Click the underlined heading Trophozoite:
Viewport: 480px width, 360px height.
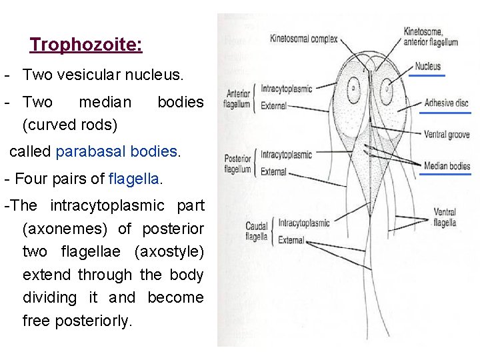click(85, 45)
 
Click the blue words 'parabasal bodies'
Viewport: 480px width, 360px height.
click(117, 151)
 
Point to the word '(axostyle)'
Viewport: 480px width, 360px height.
click(169, 251)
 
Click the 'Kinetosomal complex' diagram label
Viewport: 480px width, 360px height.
click(300, 38)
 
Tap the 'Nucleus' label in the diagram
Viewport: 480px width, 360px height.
click(427, 67)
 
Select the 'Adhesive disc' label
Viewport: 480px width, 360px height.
click(447, 103)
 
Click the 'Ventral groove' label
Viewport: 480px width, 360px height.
click(447, 135)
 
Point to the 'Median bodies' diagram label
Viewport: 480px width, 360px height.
click(447, 166)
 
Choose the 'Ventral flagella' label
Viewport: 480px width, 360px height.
click(445, 217)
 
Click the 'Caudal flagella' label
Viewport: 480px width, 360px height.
click(257, 231)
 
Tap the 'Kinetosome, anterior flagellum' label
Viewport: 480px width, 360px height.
click(431, 37)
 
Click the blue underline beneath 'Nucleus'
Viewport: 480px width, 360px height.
click(427, 76)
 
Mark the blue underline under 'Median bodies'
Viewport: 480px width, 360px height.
click(447, 175)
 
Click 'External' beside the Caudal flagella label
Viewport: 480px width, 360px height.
click(291, 240)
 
